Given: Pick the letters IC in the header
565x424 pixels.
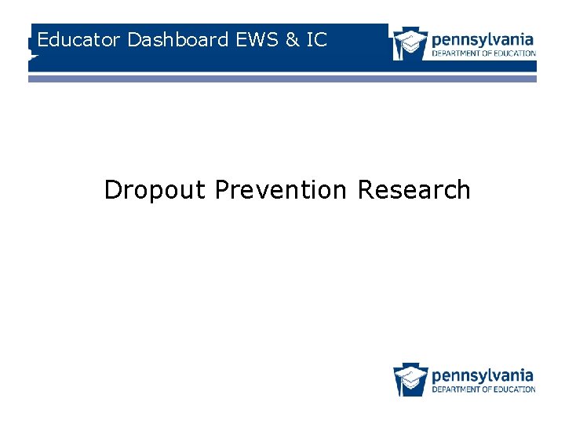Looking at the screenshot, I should click(316, 39).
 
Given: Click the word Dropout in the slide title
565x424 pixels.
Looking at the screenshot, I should click(156, 190).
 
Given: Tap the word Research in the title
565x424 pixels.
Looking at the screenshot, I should click(414, 190).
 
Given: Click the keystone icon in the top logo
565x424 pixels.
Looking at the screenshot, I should click(410, 44).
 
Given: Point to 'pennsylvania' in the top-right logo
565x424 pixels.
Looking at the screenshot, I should click(483, 38).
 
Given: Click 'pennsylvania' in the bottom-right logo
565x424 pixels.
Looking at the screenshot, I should click(483, 375).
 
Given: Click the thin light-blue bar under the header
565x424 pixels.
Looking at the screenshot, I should click(282, 79).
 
